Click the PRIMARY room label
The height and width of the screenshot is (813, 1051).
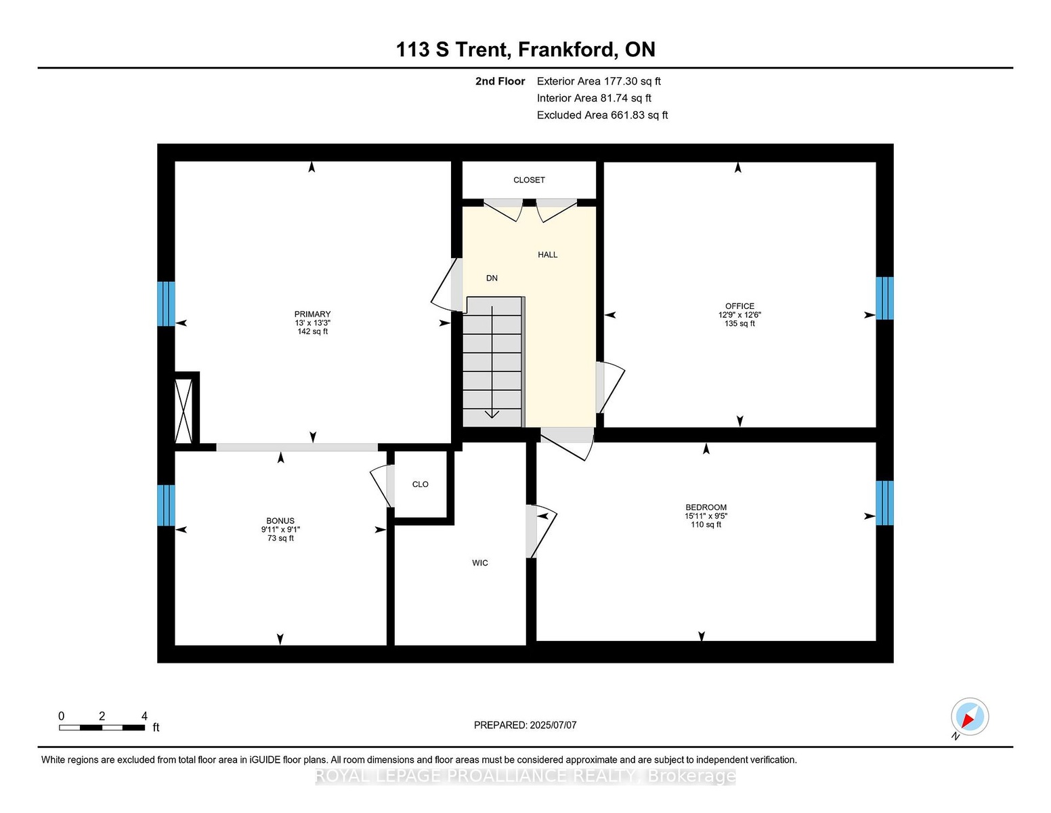[312, 314]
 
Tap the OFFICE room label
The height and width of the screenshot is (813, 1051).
[739, 306]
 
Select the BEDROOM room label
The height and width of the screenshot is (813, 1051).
[706, 507]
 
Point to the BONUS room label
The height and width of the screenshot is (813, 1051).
[280, 521]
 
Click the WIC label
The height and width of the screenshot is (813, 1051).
[480, 563]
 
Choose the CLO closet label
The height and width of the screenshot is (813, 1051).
[421, 484]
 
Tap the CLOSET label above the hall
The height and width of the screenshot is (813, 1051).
[529, 180]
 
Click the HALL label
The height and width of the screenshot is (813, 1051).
[547, 254]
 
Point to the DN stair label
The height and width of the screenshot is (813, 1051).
[492, 278]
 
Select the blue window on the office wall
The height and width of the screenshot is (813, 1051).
[884, 298]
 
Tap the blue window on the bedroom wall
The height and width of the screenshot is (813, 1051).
[884, 503]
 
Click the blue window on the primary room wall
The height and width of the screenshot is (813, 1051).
[166, 304]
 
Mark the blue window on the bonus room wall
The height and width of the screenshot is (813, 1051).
[166, 505]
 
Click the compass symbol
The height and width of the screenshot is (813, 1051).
[970, 717]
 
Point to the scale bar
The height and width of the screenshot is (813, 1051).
[102, 728]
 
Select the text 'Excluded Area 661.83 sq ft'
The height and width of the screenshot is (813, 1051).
[602, 115]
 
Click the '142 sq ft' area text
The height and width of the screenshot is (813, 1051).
[312, 332]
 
